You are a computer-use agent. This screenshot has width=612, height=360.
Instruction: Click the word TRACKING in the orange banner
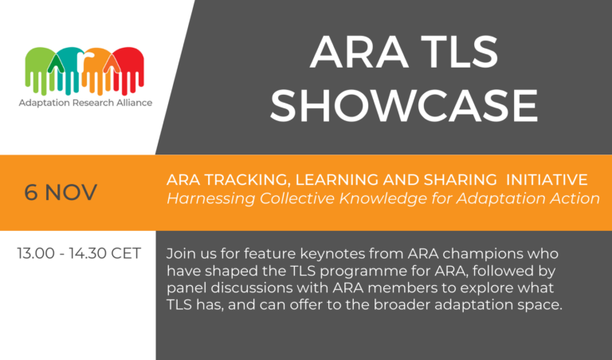coord(229,179)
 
